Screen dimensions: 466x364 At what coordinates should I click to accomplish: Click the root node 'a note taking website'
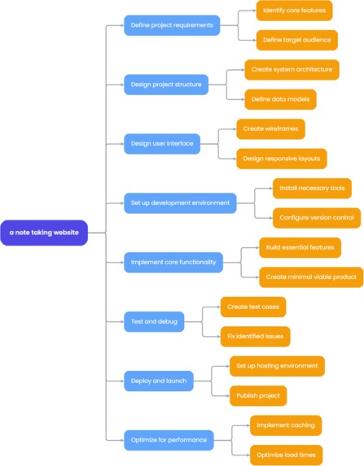coord(44,233)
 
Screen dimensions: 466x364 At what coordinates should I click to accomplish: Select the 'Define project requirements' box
coord(172,25)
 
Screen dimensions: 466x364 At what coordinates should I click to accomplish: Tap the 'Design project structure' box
coord(165,84)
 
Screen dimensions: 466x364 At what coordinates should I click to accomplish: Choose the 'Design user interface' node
coord(162,143)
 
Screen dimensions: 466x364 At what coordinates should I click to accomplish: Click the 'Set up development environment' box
coord(180,203)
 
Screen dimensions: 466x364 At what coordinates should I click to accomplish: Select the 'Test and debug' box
coord(153,321)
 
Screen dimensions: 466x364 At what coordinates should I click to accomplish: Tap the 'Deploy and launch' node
coord(159,381)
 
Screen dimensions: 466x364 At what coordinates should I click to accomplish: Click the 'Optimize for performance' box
coord(169,440)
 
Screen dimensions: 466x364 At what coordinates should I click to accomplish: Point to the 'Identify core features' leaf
coord(293,11)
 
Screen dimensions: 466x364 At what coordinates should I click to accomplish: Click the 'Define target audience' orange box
coord(296,40)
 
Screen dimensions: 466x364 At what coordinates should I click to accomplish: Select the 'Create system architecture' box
coord(292,69)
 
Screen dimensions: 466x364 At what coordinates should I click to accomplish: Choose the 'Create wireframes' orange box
coord(271,128)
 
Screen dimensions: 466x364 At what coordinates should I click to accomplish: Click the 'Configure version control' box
coord(316,217)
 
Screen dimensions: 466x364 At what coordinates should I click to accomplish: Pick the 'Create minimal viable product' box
coord(311,277)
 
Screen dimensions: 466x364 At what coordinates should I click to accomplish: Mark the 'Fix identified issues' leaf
coord(255,336)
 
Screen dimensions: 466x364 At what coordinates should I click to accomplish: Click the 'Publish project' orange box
coord(257,395)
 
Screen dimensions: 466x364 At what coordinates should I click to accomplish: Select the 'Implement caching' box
coord(286,425)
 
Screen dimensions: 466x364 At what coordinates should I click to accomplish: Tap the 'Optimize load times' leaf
coord(286,455)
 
